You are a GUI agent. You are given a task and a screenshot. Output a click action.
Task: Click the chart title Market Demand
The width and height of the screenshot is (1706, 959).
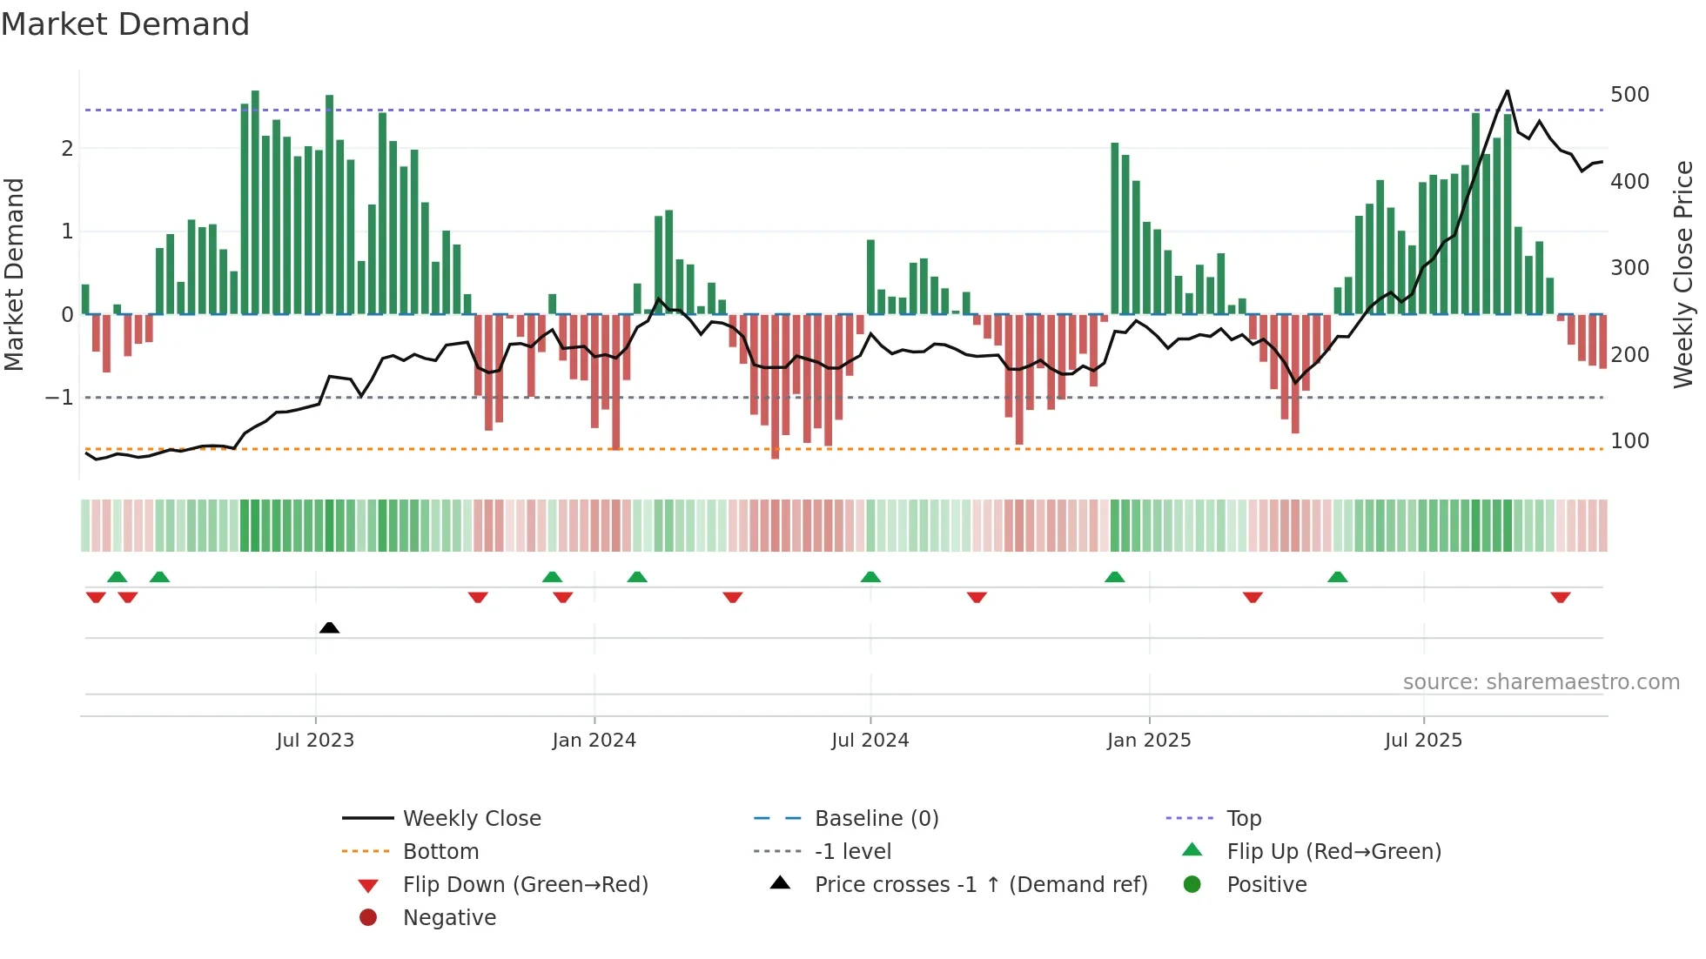(125, 24)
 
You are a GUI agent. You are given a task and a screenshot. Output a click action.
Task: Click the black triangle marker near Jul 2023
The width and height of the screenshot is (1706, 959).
(329, 627)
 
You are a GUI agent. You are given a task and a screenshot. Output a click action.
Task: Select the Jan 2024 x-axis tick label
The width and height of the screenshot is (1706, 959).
(594, 741)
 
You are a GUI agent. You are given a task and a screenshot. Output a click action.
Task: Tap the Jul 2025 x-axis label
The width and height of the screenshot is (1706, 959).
(1423, 741)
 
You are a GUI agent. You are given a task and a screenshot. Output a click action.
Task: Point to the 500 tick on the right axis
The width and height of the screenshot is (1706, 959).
(1629, 95)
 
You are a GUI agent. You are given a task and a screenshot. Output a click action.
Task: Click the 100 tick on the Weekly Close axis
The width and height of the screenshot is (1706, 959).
(1629, 441)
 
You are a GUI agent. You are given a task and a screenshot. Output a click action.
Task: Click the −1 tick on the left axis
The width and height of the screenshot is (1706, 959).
(60, 398)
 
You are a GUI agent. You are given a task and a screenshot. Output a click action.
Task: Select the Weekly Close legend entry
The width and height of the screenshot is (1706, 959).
(471, 819)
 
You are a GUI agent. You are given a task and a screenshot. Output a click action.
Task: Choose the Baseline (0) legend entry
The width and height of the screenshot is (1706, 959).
(876, 819)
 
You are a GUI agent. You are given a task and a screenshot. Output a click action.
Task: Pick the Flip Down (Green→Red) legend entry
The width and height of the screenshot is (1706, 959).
(525, 885)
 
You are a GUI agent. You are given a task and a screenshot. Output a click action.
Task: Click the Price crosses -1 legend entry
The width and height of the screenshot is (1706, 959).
(980, 885)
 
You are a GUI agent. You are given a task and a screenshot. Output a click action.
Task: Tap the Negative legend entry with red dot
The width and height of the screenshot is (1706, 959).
(449, 918)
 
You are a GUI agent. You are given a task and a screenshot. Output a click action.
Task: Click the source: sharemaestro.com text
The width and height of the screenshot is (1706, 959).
(1541, 682)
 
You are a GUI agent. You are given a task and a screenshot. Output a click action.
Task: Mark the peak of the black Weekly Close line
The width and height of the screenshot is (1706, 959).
(1508, 91)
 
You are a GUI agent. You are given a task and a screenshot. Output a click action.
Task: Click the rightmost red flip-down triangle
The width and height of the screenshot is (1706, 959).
(1560, 597)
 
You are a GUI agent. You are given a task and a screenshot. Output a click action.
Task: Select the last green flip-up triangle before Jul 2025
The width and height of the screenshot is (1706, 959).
(1338, 577)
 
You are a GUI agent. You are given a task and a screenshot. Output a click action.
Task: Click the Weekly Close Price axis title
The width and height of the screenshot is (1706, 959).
(1683, 274)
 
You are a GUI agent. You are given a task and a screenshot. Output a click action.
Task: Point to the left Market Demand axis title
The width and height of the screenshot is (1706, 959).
(14, 274)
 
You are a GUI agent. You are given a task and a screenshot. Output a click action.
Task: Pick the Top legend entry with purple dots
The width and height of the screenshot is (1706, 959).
(1243, 819)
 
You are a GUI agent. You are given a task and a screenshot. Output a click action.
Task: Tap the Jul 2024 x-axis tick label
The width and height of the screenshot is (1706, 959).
(870, 741)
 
